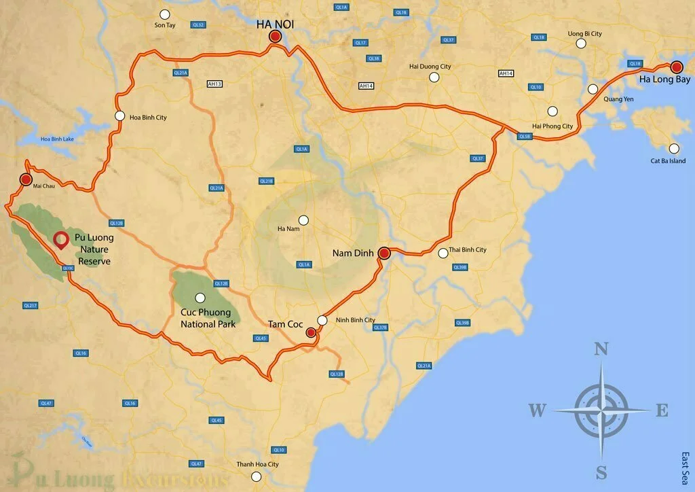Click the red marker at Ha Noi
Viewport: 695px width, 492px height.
pos(275,37)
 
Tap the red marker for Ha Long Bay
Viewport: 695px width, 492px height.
pos(676,67)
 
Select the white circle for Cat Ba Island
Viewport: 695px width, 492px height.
pos(674,148)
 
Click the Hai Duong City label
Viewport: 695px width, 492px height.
pos(430,67)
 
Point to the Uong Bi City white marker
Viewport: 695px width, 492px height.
pos(581,43)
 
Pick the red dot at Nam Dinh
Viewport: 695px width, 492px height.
pos(383,253)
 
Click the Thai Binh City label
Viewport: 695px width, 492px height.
pos(468,250)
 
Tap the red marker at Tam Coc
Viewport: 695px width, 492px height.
pos(311,332)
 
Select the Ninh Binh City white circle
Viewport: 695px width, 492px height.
pos(322,320)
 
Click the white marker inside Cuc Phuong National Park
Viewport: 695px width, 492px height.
pos(200,297)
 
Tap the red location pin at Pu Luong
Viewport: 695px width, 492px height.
pos(61,239)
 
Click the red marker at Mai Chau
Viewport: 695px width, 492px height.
pos(26,179)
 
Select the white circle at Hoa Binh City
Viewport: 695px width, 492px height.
pos(120,116)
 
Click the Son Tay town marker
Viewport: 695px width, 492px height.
pos(164,14)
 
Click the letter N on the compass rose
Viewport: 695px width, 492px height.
pos(601,349)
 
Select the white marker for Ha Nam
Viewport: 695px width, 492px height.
pos(303,219)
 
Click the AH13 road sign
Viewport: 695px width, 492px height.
pos(214,84)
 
